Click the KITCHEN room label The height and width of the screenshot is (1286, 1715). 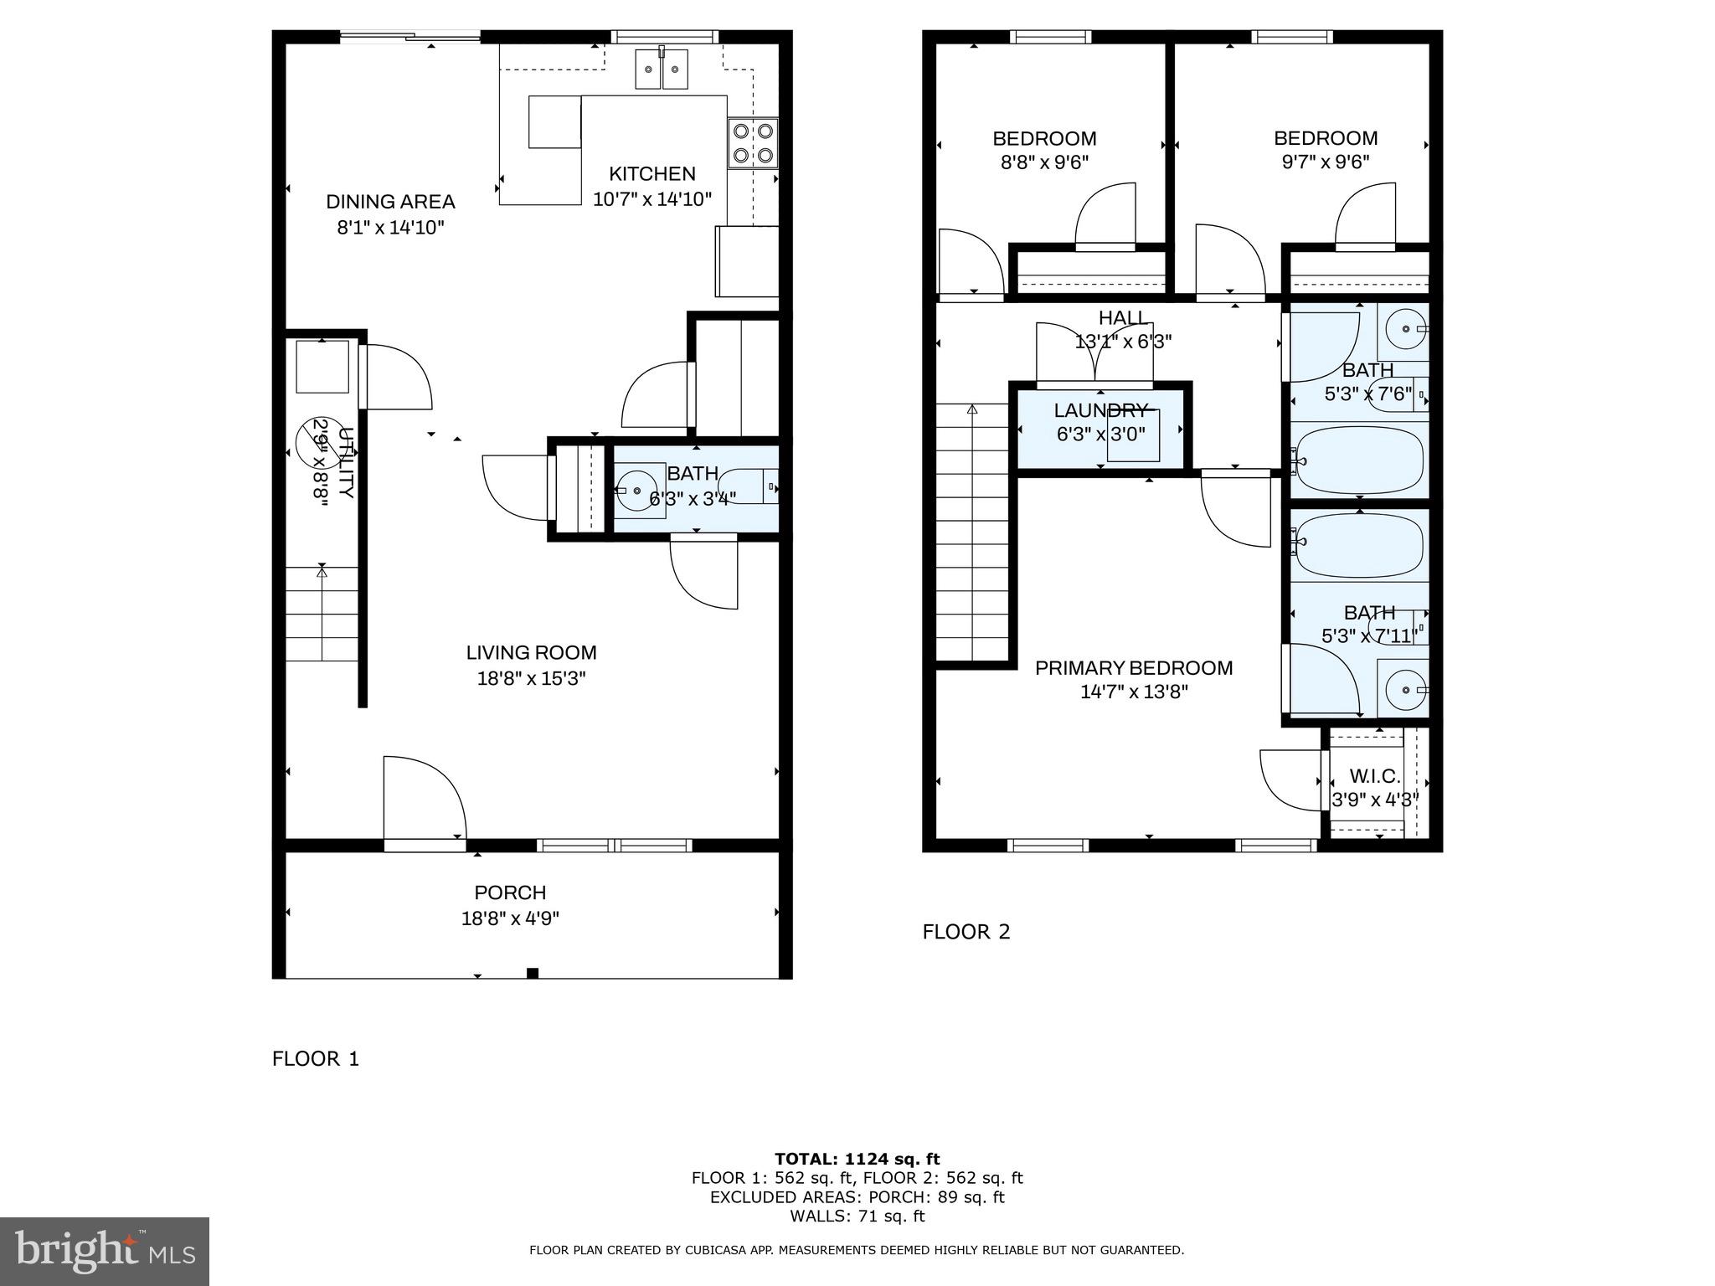tap(651, 174)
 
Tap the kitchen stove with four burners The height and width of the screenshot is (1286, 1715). tap(753, 143)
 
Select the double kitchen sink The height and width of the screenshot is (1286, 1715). tap(662, 69)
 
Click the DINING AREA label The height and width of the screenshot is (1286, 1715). tap(390, 202)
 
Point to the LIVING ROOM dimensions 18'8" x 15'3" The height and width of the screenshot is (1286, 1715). tap(531, 678)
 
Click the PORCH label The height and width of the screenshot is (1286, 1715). tap(510, 892)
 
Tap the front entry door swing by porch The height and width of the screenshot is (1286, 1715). tap(423, 800)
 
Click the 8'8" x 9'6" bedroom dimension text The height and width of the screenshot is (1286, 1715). tap(1044, 162)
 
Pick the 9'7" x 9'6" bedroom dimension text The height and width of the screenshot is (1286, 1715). tap(1325, 162)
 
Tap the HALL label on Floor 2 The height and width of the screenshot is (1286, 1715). tap(1123, 318)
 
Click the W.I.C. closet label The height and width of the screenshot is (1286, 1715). tap(1374, 777)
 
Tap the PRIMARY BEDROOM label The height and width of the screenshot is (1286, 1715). tap(1134, 668)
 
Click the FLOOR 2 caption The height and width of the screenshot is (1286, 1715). tap(966, 932)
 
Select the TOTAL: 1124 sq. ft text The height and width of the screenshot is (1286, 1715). tap(857, 1160)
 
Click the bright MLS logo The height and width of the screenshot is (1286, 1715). tap(105, 1252)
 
